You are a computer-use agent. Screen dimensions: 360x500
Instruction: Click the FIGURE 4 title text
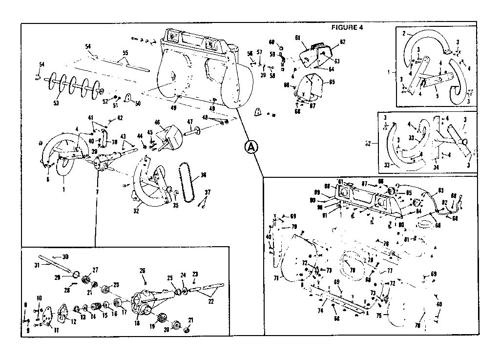(347, 27)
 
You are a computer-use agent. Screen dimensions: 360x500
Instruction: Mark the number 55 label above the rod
(125, 52)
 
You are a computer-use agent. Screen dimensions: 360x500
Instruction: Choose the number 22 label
(211, 301)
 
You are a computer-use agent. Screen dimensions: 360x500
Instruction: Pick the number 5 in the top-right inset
(437, 96)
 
